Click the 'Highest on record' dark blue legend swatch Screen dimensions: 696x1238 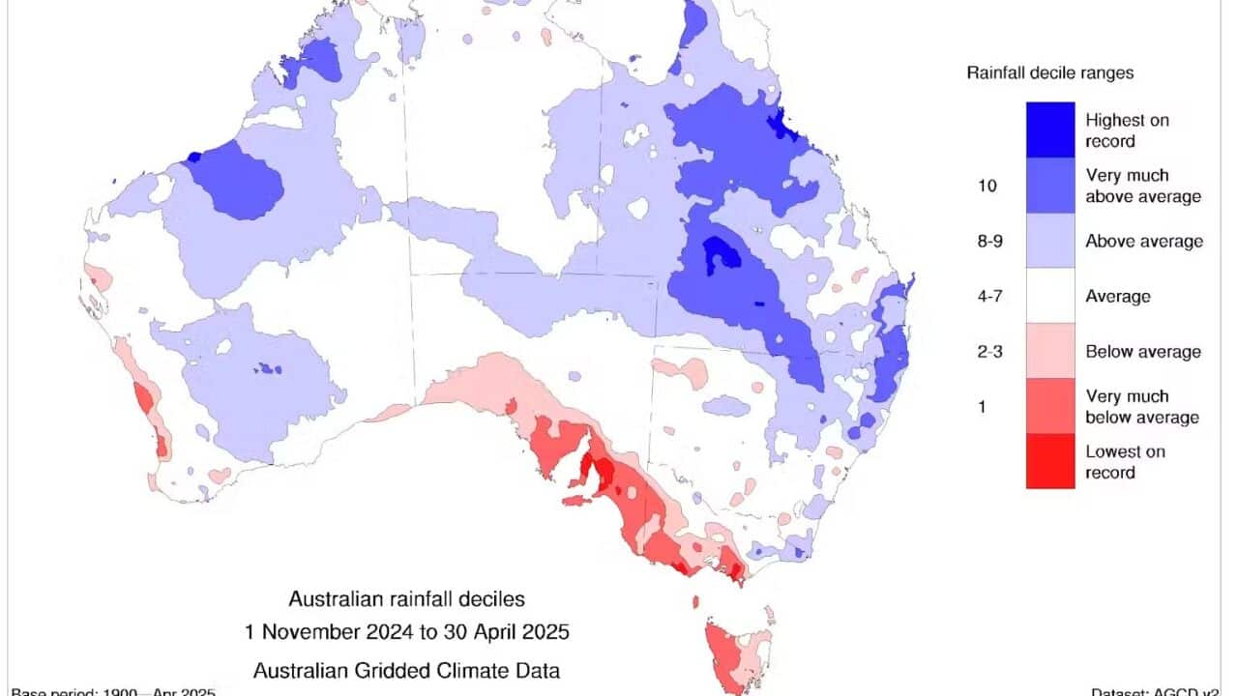point(1050,130)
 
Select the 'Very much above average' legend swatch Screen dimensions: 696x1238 point(1050,185)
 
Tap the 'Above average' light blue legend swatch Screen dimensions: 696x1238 point(1050,240)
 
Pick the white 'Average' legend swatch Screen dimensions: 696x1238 point(1050,295)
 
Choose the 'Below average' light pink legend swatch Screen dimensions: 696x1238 point(1050,350)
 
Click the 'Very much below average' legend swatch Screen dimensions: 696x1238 point(1050,406)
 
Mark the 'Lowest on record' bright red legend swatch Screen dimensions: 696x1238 point(1050,461)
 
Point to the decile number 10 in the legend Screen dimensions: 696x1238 point(987,186)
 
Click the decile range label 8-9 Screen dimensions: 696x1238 point(987,241)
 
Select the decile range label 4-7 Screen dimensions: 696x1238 point(987,296)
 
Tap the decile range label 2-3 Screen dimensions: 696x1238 point(987,351)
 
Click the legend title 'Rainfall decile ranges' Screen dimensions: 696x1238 point(1050,72)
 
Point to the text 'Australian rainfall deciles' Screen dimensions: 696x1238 point(406,600)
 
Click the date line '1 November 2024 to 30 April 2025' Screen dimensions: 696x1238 point(406,633)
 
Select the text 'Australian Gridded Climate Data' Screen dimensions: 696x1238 point(406,669)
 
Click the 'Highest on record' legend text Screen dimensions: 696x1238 point(1127,130)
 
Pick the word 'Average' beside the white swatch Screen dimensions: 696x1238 point(1118,296)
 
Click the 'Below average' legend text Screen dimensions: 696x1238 point(1143,351)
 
